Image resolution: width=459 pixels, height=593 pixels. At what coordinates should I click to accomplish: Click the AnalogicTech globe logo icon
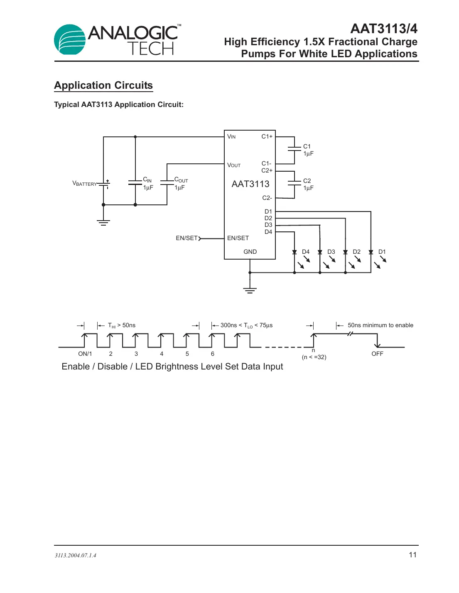(70, 40)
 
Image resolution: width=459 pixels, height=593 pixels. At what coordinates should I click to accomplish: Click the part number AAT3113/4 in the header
(383, 29)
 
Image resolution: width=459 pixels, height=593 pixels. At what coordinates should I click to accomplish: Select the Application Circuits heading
(103, 85)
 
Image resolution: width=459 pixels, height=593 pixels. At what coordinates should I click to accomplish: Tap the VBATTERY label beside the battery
(84, 183)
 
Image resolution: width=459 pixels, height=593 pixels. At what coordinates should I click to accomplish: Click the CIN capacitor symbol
(135, 182)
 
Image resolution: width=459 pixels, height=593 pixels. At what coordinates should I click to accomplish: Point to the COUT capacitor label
(181, 180)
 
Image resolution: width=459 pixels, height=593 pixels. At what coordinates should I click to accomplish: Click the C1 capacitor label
(307, 146)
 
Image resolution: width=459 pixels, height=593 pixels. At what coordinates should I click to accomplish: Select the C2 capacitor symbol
(294, 183)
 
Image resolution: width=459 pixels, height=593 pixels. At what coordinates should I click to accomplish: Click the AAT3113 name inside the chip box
(250, 184)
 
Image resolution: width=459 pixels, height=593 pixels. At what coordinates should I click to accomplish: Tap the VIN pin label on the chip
(231, 136)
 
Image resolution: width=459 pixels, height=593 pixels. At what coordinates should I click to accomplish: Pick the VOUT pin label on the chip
(233, 165)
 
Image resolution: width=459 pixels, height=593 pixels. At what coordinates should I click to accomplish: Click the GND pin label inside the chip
(250, 252)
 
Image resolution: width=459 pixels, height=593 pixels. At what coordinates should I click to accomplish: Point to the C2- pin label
(267, 198)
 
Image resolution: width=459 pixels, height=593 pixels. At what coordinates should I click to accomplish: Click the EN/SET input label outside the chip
(187, 238)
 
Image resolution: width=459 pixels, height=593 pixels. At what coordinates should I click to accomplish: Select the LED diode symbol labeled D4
(295, 252)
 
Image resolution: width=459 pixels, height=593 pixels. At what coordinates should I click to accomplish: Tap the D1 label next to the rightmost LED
(382, 252)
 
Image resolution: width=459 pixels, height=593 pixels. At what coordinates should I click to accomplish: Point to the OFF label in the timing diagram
(377, 354)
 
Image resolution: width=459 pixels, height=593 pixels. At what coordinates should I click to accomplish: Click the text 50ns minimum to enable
(380, 325)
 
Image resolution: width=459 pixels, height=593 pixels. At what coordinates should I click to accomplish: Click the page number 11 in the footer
(412, 555)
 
